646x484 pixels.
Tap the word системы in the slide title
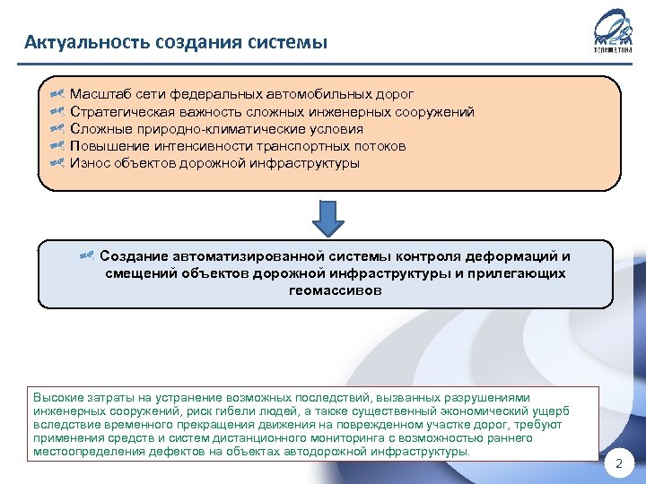[292, 42]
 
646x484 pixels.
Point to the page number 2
[619, 463]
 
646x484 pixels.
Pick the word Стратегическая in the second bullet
[121, 112]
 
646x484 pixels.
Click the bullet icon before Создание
[87, 257]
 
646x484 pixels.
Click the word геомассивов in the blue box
[335, 290]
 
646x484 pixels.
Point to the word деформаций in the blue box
[511, 257]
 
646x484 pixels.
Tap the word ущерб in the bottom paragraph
[551, 411]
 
